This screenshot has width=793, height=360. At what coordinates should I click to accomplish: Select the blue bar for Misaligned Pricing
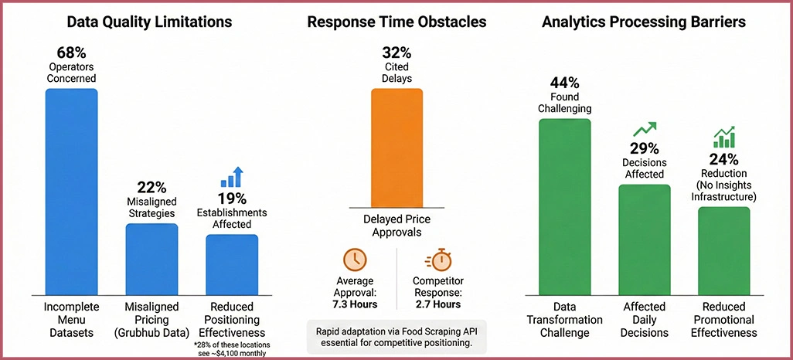pos(151,259)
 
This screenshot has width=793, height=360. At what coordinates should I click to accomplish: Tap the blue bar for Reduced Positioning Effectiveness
pos(232,264)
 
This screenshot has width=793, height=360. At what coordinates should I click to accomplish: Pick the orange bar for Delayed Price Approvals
pos(396,147)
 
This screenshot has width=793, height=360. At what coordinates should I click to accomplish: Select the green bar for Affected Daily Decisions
pos(644,239)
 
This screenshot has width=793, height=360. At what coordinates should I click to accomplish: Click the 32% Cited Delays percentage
pos(396,53)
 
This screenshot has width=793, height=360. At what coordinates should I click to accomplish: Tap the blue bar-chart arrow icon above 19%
pos(232,177)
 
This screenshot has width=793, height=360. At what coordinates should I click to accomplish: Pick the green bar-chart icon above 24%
pos(723,138)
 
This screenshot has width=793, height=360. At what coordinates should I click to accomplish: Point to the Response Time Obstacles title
pos(396,22)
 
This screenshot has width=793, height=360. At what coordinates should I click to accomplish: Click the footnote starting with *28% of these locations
pos(232,348)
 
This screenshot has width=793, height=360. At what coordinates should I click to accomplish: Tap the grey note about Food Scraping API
pos(396,336)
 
